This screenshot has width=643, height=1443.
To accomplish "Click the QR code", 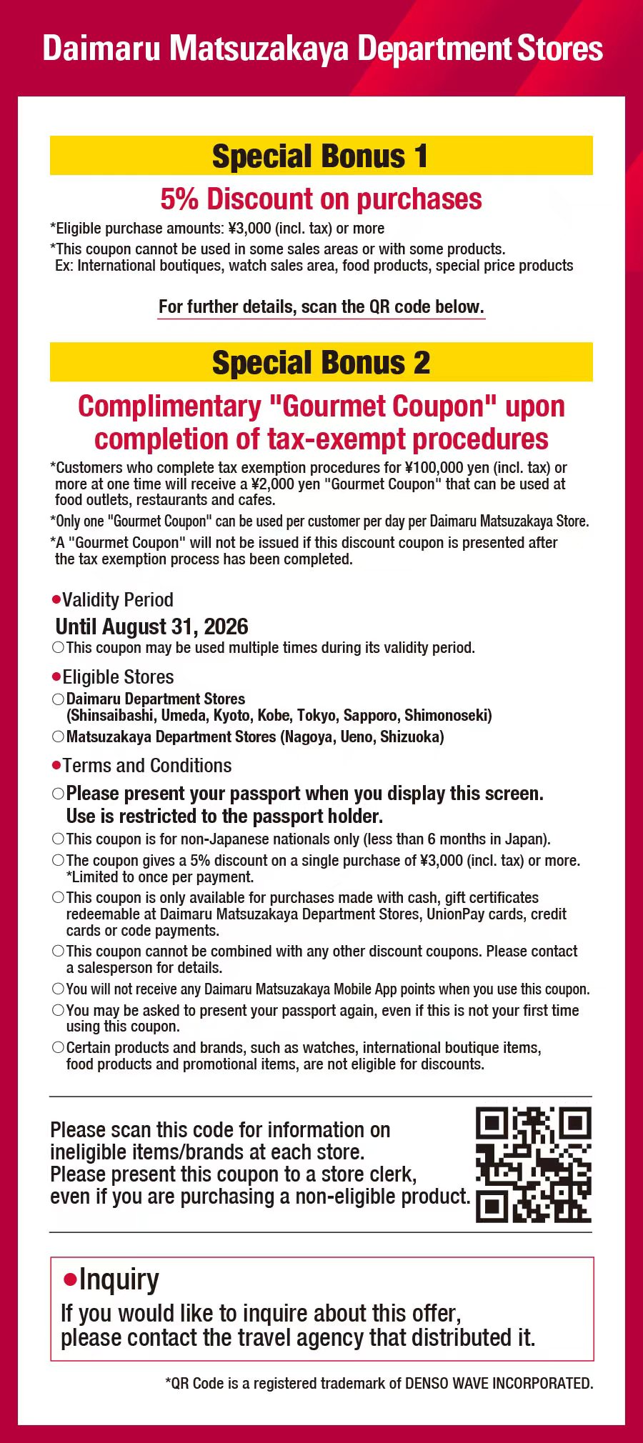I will pyautogui.click(x=533, y=1164).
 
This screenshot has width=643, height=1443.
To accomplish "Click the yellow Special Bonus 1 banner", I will pyautogui.click(x=321, y=156).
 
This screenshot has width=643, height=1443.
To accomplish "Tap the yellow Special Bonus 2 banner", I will pyautogui.click(x=321, y=362).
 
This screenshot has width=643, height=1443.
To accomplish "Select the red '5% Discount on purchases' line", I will pyautogui.click(x=321, y=199).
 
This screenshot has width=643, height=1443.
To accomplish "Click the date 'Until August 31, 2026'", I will pyautogui.click(x=151, y=626).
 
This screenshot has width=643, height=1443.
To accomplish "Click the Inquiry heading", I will pyautogui.click(x=119, y=1279).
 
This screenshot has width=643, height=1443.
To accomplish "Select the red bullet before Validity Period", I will pyautogui.click(x=56, y=599).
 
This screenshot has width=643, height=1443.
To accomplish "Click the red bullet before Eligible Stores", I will pyautogui.click(x=56, y=676).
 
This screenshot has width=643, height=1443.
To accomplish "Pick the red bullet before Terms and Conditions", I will pyautogui.click(x=56, y=765).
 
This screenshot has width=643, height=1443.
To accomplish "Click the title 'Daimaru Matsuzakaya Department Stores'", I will pyautogui.click(x=322, y=49).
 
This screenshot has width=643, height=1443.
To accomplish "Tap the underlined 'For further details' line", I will pyautogui.click(x=321, y=307).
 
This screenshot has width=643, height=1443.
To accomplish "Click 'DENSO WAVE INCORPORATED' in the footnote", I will pyautogui.click(x=498, y=1383).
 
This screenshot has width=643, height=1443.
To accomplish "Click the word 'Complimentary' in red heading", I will pyautogui.click(x=169, y=406).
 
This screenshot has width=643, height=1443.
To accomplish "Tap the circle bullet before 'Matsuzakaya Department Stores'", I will pyautogui.click(x=58, y=737).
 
